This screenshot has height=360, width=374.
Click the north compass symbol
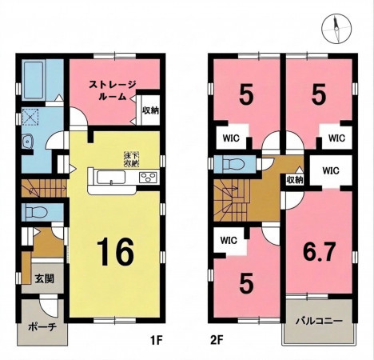pos(336,30)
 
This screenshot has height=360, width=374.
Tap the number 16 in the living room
pos(115,253)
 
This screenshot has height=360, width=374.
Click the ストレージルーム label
pos(113,90)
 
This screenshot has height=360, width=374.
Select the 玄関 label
pos(45,278)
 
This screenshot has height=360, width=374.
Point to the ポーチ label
pos(42,327)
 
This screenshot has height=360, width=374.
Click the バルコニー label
pos(320,321)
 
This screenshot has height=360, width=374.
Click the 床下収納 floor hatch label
pos(132,159)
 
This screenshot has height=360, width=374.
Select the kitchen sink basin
pos(111,178)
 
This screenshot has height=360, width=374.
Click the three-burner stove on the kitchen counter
pos(148,178)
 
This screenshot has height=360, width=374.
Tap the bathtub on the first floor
pos(34,80)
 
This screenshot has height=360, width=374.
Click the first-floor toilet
pos(36,212)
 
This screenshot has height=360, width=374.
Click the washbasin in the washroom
pos(27,142)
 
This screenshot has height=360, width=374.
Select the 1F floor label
pos(156,340)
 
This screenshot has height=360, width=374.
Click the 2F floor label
pos(216,340)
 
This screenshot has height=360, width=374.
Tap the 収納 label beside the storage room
pos(150,110)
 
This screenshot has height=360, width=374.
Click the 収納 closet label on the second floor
pos(295,180)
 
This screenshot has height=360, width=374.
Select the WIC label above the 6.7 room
pos(331,170)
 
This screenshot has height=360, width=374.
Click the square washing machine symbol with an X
pos(30,117)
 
